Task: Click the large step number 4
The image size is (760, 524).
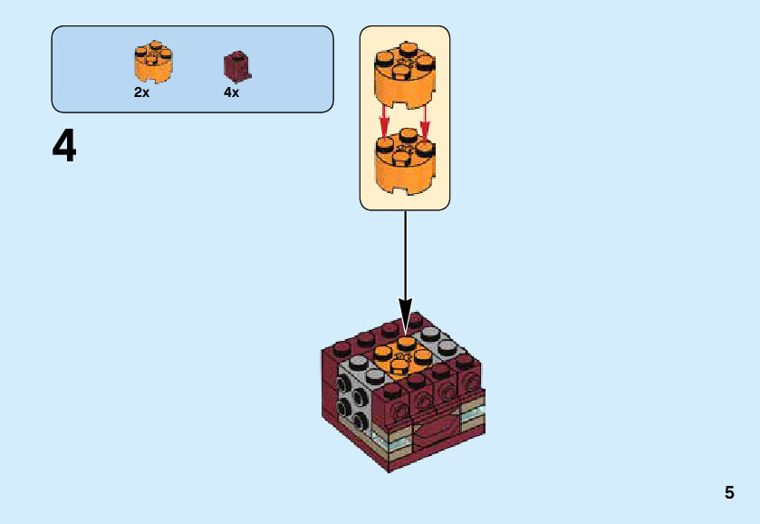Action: [x=64, y=147]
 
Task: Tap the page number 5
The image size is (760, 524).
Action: [x=728, y=493]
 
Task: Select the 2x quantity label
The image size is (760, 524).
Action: [x=141, y=92]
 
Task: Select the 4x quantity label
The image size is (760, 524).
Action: [x=232, y=92]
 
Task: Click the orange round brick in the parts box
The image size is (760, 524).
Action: [x=153, y=62]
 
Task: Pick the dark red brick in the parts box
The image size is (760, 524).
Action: [x=237, y=66]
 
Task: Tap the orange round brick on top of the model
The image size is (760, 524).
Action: [x=403, y=356]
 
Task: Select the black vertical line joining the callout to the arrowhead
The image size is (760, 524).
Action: [x=405, y=254]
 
